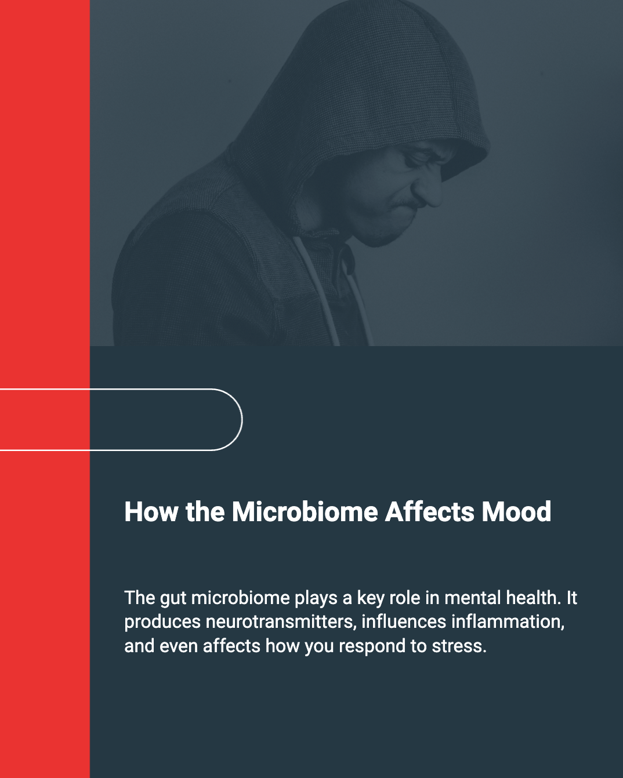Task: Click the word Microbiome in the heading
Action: coord(305,511)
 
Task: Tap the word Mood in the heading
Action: coord(516,511)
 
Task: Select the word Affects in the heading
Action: coord(429,511)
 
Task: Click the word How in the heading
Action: coord(151,511)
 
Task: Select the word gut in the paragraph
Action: coord(173,599)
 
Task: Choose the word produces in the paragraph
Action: coord(162,623)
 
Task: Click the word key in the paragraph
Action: coord(371,598)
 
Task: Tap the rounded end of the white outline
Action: coord(242,419)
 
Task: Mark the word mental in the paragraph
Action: coord(473,598)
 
